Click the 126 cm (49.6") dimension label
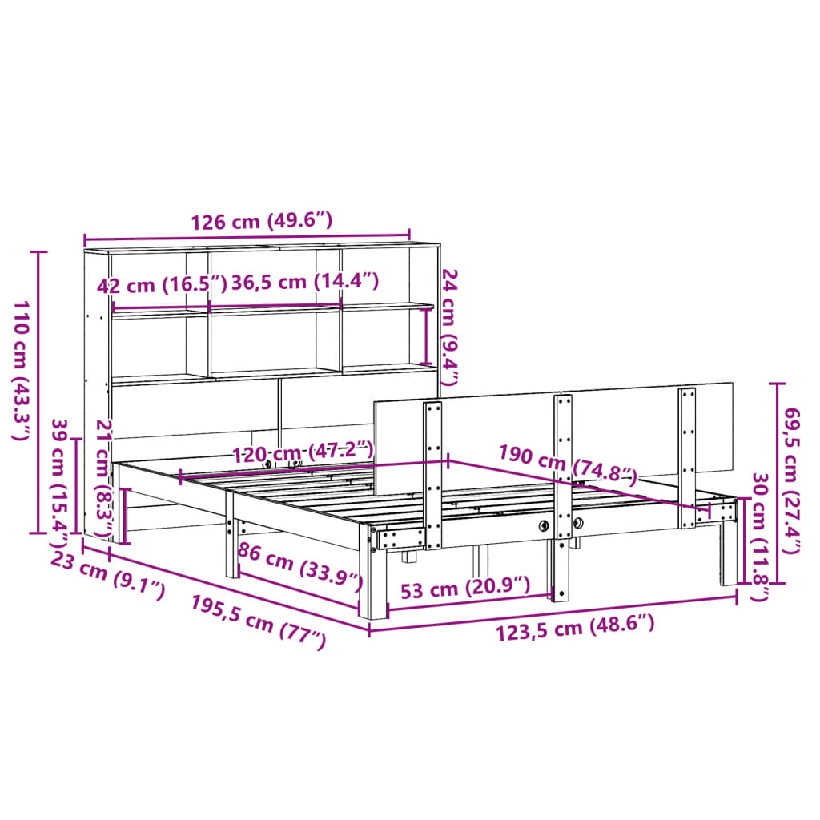pos(260,222)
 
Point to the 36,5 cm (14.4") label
pos(305,282)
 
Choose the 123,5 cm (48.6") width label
pos(576,629)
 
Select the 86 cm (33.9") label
pos(298,566)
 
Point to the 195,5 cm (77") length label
pos(259,621)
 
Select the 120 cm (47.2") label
pos(303,452)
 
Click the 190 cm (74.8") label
pos(567,465)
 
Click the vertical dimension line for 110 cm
pos(37,392)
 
